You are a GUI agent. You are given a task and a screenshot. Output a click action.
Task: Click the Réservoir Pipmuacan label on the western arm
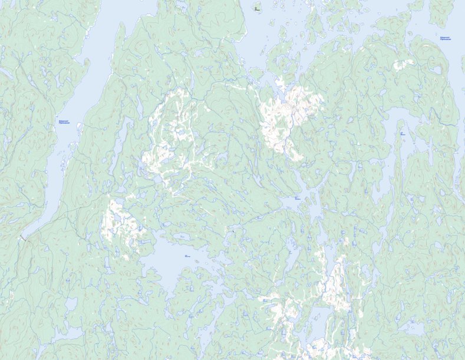tap(64, 122)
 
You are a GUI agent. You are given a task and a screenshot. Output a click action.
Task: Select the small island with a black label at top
tap(256, 9)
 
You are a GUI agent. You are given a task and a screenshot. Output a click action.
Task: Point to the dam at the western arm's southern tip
tap(23, 237)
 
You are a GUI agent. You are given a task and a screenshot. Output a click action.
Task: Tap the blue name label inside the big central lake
tap(187, 256)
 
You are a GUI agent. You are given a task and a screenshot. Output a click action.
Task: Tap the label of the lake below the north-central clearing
tap(296, 198)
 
